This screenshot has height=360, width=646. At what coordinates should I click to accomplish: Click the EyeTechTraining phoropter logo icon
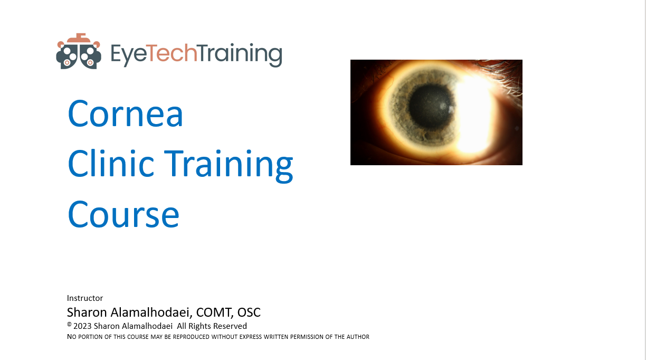[79, 51]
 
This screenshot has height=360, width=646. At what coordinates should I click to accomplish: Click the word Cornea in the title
[126, 113]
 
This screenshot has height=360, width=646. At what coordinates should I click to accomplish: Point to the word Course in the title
[123, 214]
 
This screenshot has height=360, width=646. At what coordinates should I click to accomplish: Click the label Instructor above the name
[85, 298]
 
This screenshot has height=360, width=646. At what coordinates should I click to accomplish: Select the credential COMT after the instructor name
[211, 312]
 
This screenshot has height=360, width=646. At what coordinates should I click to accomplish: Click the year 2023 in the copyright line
[83, 326]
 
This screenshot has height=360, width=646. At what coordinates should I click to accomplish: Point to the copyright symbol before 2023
[69, 325]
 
